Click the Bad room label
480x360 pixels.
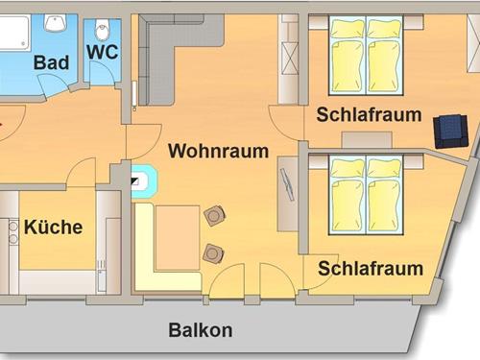click(50, 62)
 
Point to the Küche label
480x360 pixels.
click(53, 228)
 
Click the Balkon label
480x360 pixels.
click(201, 331)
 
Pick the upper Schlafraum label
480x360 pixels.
click(370, 115)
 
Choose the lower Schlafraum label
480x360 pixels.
click(371, 268)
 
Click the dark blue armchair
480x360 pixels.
click(448, 131)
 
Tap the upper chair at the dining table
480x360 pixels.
click(214, 216)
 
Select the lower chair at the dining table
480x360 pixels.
click(213, 252)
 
